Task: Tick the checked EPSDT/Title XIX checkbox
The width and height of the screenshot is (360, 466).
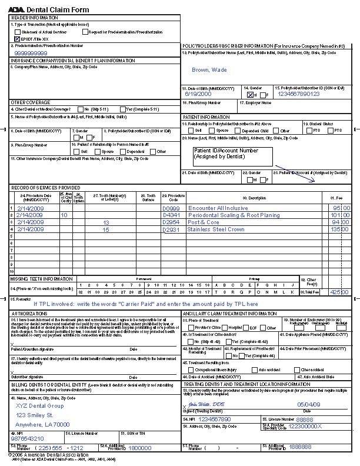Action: pyautogui.click(x=16, y=38)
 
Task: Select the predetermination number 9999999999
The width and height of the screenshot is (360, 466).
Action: pyautogui.click(x=31, y=52)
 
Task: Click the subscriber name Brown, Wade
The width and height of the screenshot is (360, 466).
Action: pyautogui.click(x=209, y=70)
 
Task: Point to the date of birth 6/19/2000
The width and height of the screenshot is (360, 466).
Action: pyautogui.click(x=198, y=94)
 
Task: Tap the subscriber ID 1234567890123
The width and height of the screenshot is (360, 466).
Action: pyautogui.click(x=299, y=94)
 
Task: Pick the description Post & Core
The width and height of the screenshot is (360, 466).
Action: pyautogui.click(x=204, y=222)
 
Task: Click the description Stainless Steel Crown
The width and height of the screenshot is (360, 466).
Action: pyautogui.click(x=216, y=229)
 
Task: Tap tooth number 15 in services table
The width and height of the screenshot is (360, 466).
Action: pyautogui.click(x=106, y=229)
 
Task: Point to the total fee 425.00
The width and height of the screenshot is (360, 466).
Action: pyautogui.click(x=339, y=292)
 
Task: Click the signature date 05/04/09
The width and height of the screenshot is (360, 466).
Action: pyautogui.click(x=310, y=405)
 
